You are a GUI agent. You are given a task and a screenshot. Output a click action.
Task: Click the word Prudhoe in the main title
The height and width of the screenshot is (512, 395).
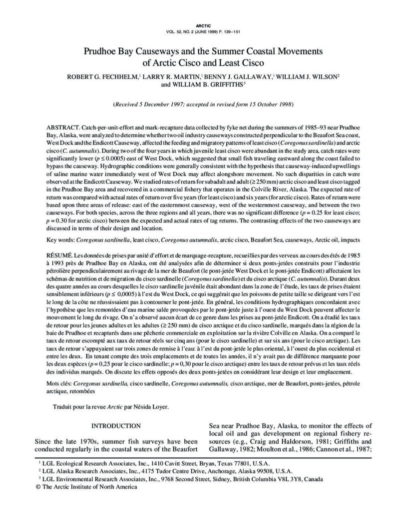tap(105, 51)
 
